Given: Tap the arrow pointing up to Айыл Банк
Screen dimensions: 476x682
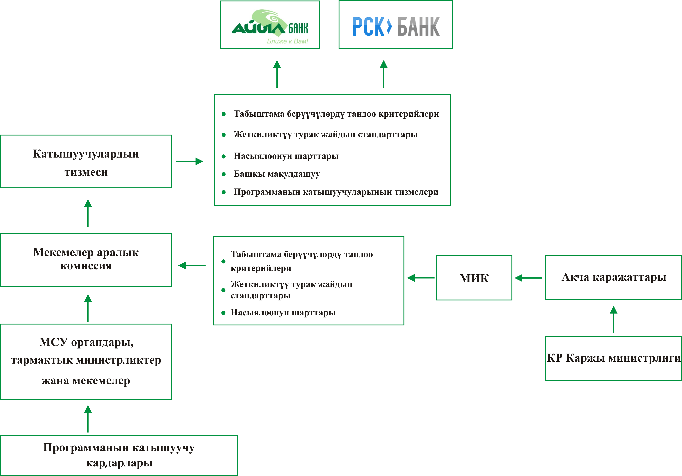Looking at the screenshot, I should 277,74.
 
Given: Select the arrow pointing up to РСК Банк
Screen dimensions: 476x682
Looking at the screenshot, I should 384,74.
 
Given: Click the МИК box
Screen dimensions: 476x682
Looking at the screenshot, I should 474,278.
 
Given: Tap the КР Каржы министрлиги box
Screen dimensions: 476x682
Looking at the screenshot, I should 613,358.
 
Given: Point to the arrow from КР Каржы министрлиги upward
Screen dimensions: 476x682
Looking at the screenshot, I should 613,320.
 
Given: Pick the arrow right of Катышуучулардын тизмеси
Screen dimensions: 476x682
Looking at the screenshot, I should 189,161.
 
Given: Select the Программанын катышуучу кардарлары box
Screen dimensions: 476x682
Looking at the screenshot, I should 119,455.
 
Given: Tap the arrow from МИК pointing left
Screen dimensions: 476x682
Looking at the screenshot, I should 421,278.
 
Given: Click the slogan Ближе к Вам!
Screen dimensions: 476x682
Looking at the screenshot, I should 287,41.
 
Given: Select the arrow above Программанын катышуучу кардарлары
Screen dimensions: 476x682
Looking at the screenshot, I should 88,419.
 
